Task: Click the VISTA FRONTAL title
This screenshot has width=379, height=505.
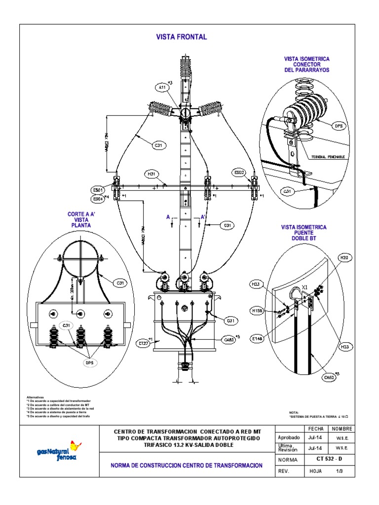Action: (x=181, y=37)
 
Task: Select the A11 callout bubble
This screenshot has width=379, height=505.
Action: (x=162, y=88)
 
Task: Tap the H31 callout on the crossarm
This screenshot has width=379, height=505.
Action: (x=151, y=174)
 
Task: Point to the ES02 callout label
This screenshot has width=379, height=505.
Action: (x=239, y=173)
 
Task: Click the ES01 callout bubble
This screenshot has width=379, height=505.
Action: (x=98, y=190)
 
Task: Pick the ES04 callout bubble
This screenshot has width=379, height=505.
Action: (x=98, y=199)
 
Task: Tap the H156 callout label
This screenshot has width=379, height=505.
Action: (x=257, y=310)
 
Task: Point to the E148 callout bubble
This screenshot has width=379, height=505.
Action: (x=257, y=338)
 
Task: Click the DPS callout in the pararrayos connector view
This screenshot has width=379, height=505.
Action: (x=339, y=126)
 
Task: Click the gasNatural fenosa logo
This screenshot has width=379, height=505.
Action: (x=59, y=450)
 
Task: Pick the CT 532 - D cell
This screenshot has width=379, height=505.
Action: (x=329, y=460)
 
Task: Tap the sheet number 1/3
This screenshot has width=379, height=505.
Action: (x=340, y=471)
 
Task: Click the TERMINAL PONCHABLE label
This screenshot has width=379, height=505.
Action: (x=328, y=157)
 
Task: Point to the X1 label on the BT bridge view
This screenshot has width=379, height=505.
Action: (x=305, y=287)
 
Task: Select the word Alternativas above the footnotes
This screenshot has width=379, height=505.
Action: (x=35, y=397)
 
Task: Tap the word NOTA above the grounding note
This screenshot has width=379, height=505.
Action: (x=294, y=412)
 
